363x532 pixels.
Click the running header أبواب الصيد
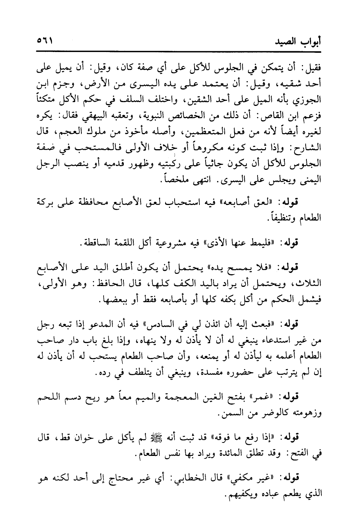click(x=300, y=40)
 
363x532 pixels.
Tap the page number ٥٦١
click(x=46, y=40)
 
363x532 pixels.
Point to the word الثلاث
click(x=310, y=283)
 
